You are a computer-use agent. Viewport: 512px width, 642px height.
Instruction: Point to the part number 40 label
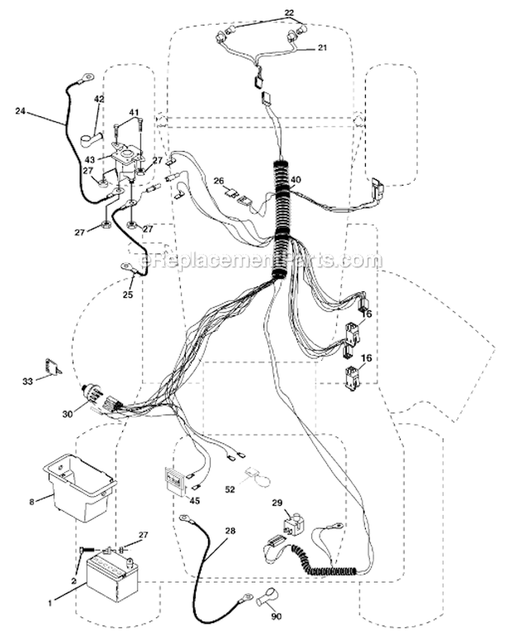(296, 179)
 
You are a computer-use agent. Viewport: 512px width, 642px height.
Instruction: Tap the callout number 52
(230, 489)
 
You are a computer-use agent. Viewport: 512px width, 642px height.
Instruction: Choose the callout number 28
(231, 531)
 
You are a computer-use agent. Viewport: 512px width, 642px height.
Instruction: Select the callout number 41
(134, 112)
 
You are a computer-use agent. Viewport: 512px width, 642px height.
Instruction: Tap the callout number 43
(89, 159)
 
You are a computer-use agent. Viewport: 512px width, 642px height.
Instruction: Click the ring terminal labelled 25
(128, 267)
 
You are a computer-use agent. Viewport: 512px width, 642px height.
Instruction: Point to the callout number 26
(219, 180)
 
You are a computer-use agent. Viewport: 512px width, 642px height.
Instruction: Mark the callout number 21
(322, 48)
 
